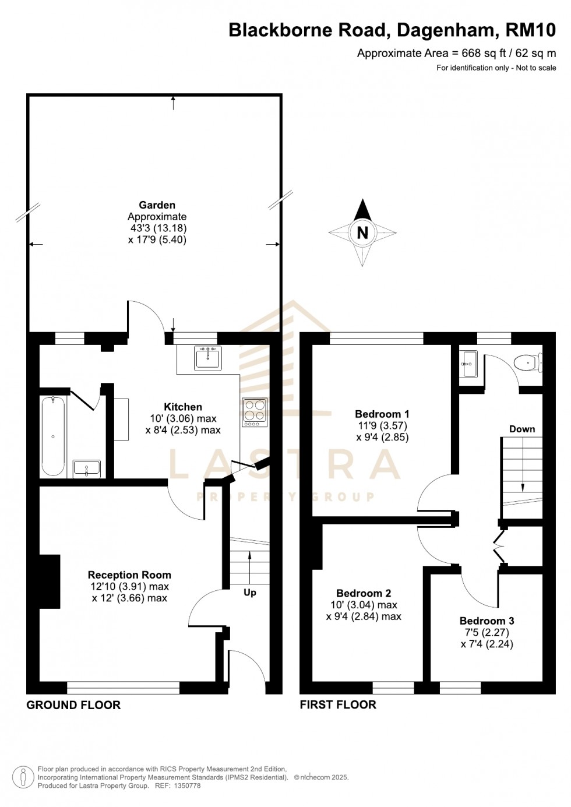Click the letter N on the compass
point(362,232)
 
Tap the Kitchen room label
point(183,407)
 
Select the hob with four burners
point(254,411)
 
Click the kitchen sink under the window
point(208,357)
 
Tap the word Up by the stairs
point(249,592)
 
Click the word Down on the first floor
point(521,429)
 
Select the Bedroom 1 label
point(382,414)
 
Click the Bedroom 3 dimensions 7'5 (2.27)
point(487,632)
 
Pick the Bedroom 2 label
point(364,593)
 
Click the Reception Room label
point(129,575)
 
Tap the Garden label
point(157,205)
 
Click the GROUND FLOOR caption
point(73,704)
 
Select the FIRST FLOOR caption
point(338,704)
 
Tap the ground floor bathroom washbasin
point(86,468)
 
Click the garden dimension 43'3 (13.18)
point(158,228)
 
